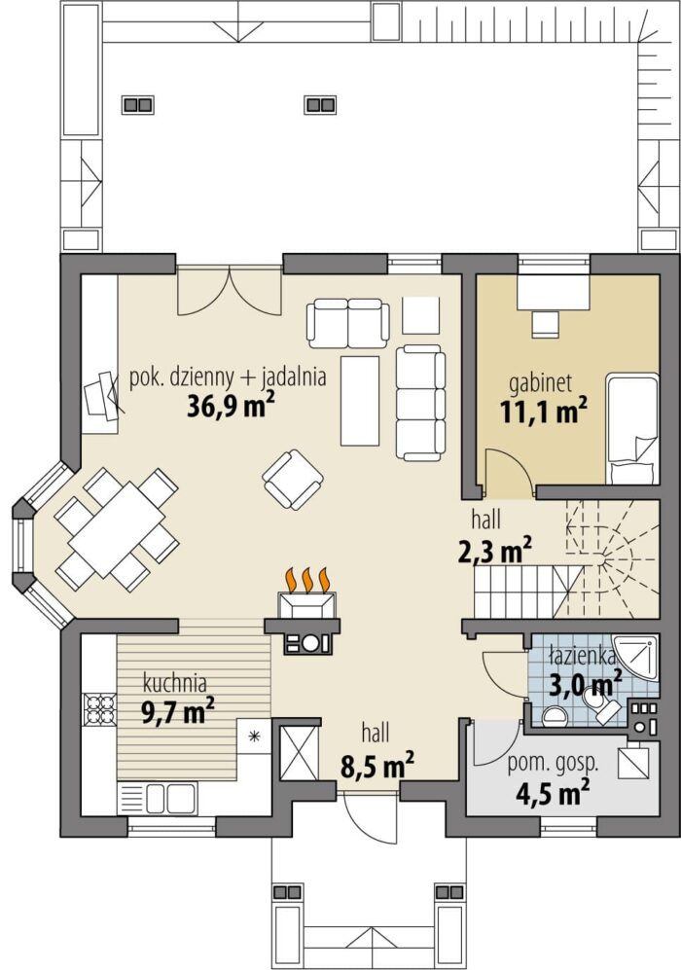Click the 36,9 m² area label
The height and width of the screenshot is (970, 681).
click(x=231, y=407)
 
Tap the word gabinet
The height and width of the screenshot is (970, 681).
click(x=540, y=383)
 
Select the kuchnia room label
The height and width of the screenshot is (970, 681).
click(x=174, y=684)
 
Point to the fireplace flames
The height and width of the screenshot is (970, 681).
click(x=306, y=580)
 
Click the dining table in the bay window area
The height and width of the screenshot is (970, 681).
click(x=117, y=529)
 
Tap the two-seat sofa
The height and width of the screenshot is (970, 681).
click(x=348, y=323)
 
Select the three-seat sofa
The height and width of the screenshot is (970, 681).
click(x=420, y=403)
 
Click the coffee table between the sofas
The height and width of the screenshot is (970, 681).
click(x=359, y=400)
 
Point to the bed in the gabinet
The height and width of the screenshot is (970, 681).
click(x=632, y=428)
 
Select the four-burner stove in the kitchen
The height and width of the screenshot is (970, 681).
click(x=99, y=708)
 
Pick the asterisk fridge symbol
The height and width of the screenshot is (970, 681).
click(x=253, y=736)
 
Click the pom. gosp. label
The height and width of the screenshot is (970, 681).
click(x=553, y=764)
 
